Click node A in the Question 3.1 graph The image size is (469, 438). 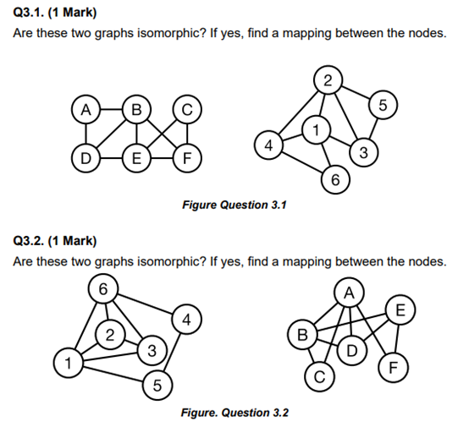click(84, 109)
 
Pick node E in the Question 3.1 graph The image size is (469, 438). click(135, 156)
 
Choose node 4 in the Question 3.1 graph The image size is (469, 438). click(268, 145)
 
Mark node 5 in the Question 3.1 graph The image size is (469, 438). click(383, 106)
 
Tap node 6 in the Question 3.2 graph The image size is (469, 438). click(102, 288)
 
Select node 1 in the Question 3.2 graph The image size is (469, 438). click(65, 364)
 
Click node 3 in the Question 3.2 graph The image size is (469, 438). click(151, 349)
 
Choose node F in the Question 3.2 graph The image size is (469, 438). click(392, 369)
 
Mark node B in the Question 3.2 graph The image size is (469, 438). click(299, 335)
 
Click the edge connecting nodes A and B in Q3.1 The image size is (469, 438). click(109, 109)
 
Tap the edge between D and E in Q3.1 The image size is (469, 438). click(110, 156)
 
